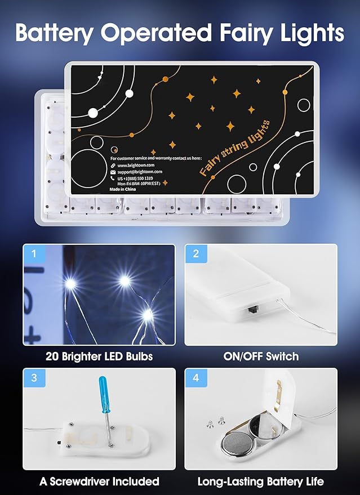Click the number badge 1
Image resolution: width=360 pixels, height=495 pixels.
(34, 253)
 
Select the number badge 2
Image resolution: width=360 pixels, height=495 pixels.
(195, 253)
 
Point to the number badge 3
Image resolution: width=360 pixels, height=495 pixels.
(34, 378)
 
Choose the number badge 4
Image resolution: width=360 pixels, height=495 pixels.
(195, 378)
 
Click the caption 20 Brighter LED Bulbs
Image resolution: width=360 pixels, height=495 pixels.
(99, 356)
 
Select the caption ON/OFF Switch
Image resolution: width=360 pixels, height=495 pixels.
(260, 356)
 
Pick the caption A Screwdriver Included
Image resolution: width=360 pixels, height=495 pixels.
(99, 481)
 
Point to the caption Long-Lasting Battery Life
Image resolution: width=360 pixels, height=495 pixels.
(260, 481)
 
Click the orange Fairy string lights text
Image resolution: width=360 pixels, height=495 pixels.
(235, 148)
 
